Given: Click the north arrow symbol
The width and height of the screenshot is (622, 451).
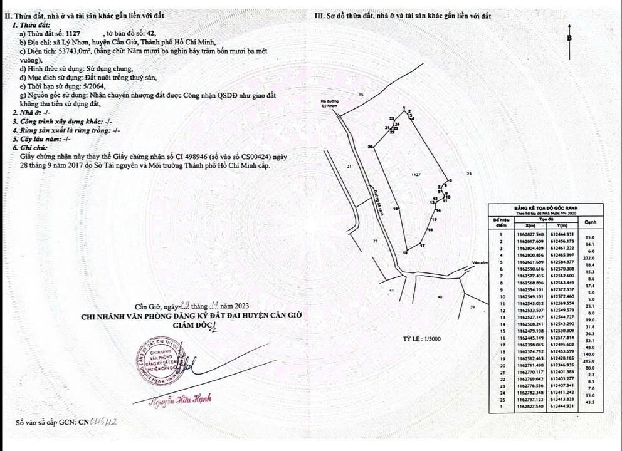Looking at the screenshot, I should point(569,39).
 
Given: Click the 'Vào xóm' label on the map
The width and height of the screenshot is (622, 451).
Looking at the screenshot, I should point(480,263).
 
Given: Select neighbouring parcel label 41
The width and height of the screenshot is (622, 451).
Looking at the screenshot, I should point(391,291).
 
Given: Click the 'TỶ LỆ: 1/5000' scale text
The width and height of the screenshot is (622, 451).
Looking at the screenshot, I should point(423,339).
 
